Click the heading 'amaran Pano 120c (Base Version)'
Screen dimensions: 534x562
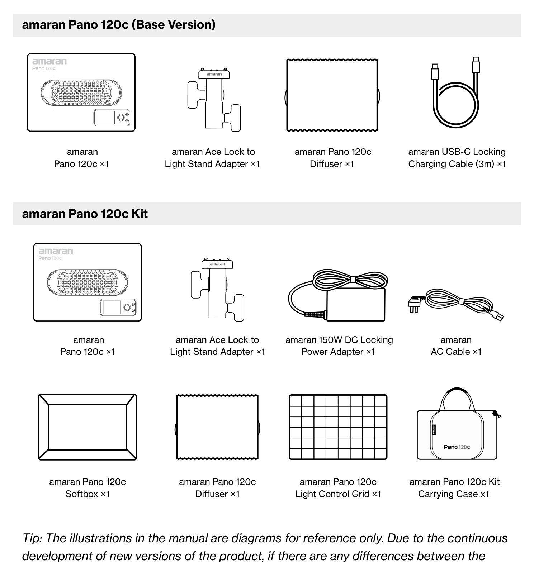[119, 25]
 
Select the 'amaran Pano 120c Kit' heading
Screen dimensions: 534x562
[85, 214]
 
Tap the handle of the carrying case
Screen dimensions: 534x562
[457, 390]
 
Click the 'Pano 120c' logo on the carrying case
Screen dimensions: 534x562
[457, 447]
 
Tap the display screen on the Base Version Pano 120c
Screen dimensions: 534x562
[105, 118]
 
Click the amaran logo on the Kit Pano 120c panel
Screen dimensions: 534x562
[56, 251]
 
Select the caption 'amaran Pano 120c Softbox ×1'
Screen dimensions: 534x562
[88, 488]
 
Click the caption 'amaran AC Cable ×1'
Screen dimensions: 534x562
[456, 346]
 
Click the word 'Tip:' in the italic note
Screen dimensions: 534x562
[32, 539]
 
